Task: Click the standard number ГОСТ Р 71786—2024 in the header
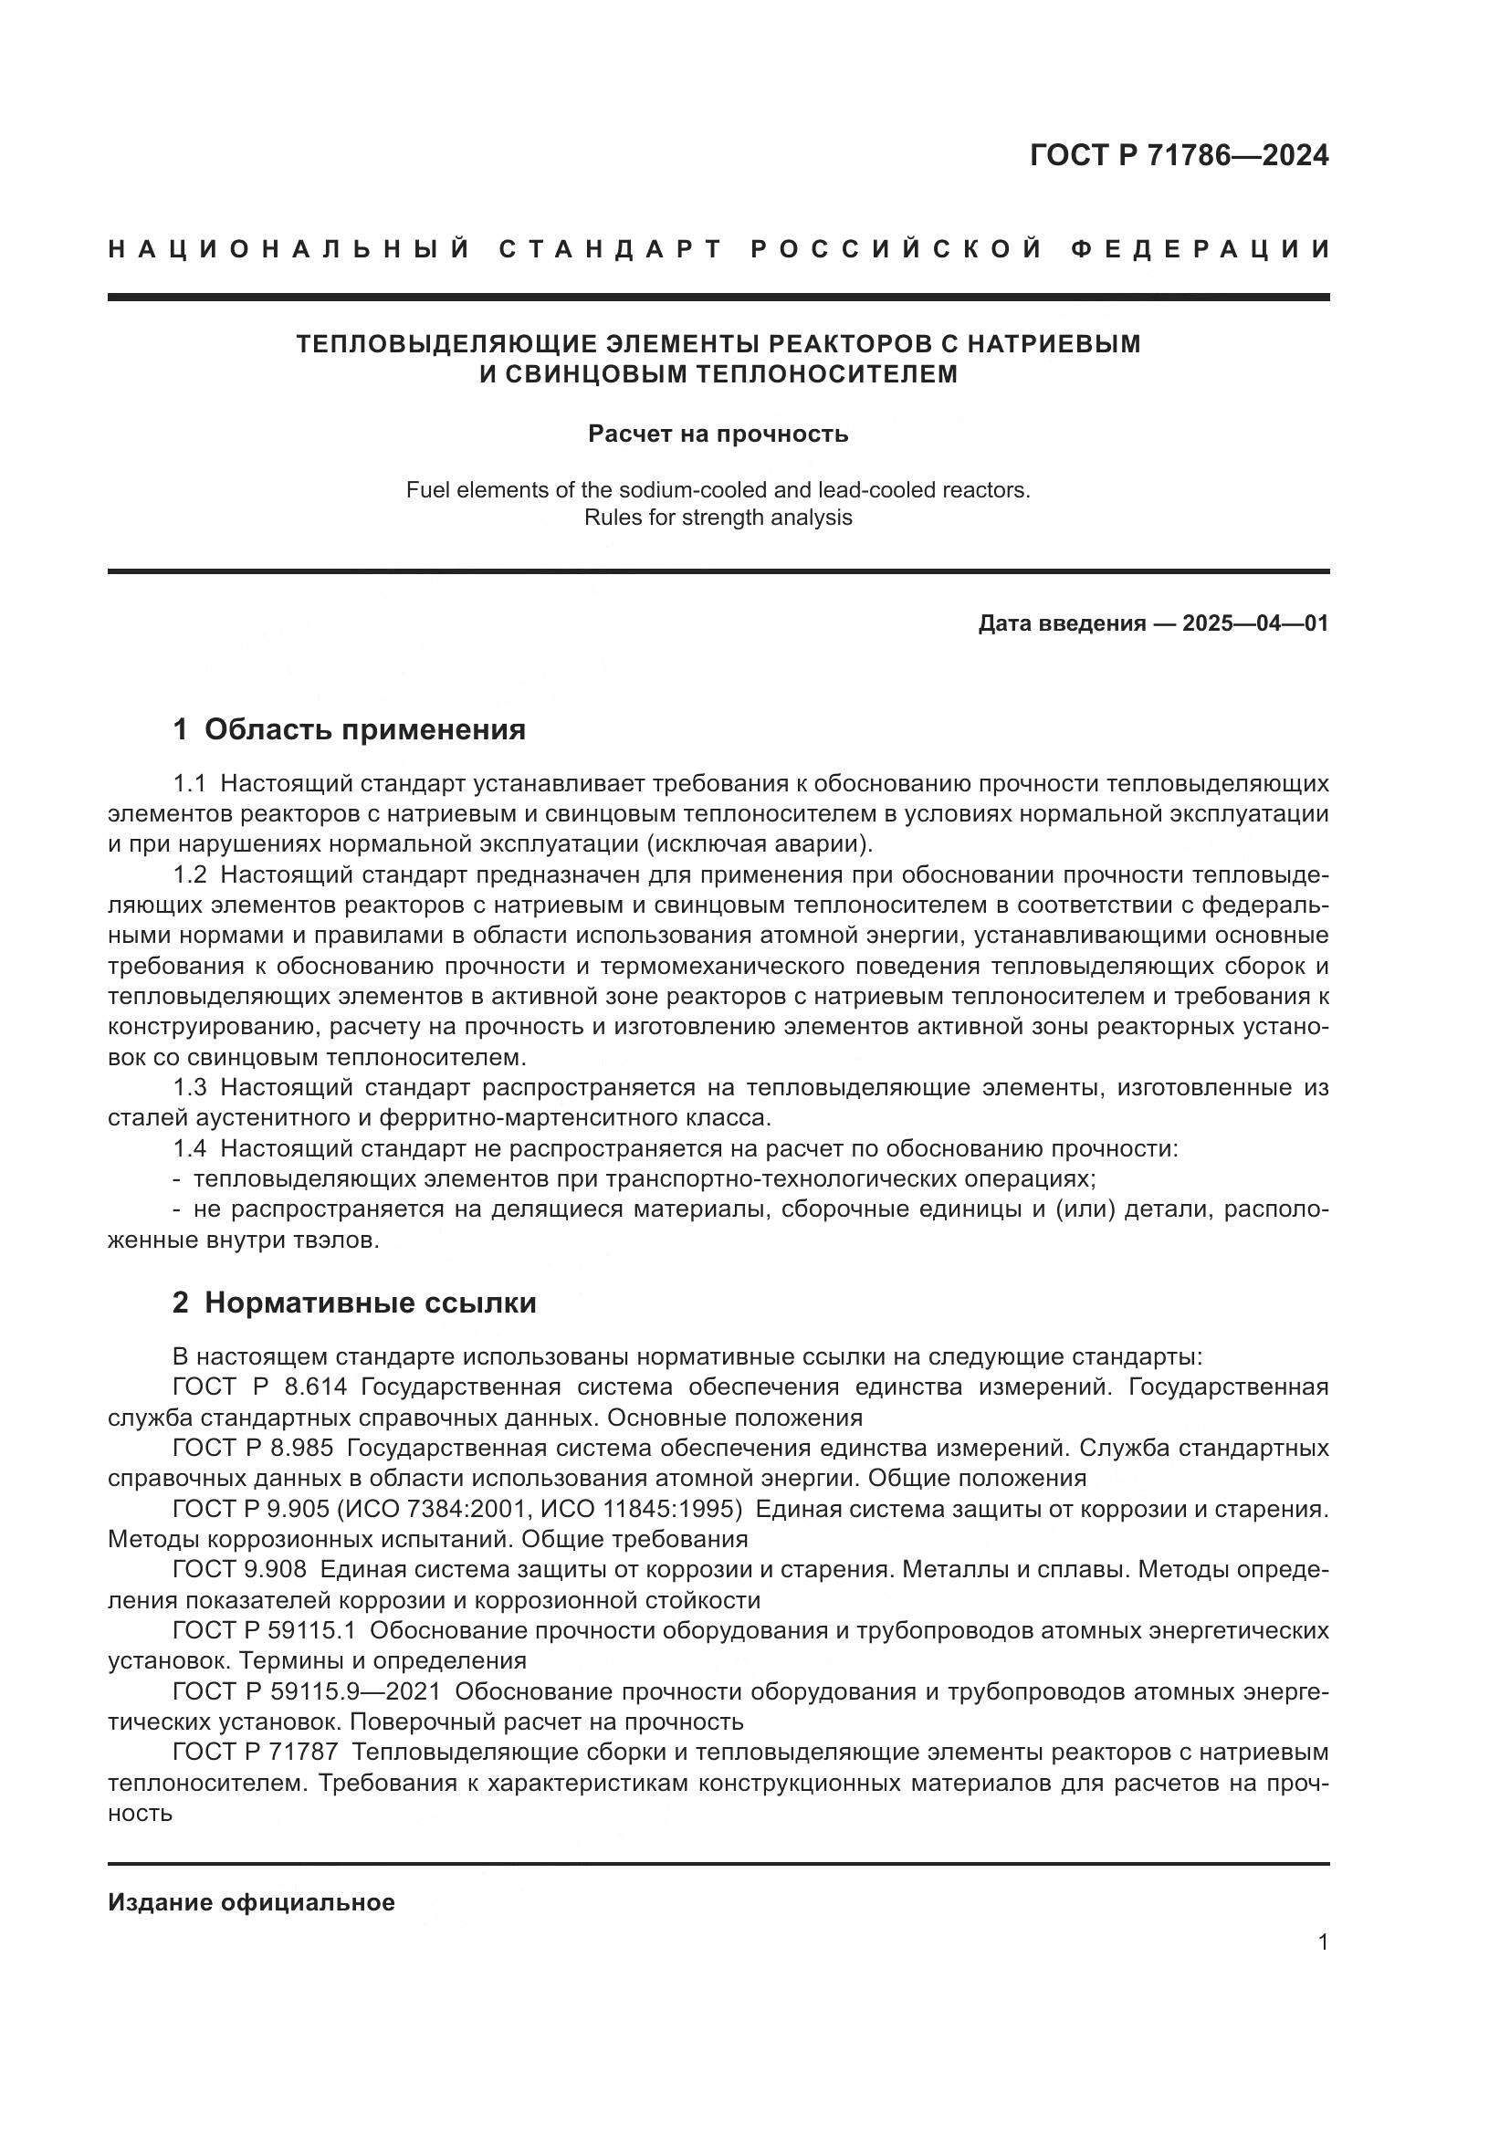point(1179,156)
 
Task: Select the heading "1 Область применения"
point(349,730)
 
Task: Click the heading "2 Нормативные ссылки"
point(354,1303)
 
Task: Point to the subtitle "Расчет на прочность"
point(718,434)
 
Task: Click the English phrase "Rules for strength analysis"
point(718,518)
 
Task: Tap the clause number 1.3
point(190,1087)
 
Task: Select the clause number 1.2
point(190,874)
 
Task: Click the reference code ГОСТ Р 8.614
point(259,1387)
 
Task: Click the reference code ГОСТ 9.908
point(239,1570)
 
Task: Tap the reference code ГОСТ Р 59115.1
point(270,1630)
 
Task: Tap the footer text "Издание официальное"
point(251,1902)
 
